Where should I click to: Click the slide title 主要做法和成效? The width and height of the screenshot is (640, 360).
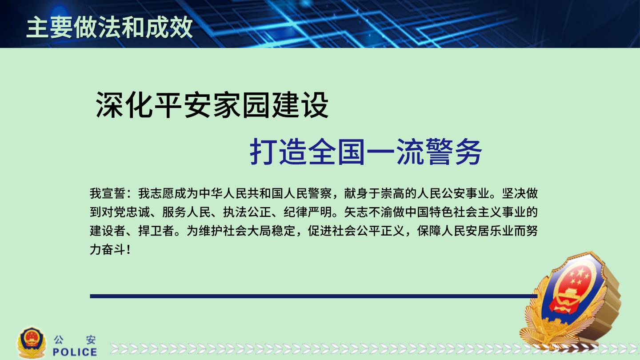coord(110,27)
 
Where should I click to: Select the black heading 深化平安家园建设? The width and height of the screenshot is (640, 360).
coord(212,105)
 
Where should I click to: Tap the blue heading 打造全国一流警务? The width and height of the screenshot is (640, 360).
coord(366,152)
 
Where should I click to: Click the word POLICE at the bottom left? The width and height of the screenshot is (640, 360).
coord(75,352)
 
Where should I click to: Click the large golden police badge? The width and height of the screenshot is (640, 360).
coord(571,300)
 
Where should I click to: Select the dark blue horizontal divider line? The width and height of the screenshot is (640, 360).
coord(313,296)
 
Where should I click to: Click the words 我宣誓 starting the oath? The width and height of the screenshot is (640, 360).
coord(108,193)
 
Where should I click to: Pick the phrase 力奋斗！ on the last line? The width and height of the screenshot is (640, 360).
coord(111,249)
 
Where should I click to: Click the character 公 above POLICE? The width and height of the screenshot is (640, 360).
coord(59,340)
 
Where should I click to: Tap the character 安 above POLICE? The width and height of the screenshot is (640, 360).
coord(91,340)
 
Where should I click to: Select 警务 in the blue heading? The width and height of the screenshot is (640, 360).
coord(453,152)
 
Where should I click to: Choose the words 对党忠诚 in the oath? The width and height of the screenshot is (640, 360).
coord(126,212)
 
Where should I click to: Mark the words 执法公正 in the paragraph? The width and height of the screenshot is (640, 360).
coord(247,212)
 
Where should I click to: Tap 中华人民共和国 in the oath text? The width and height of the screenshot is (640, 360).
coord(241,193)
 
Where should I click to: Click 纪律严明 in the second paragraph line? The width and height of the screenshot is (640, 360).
coord(308,212)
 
